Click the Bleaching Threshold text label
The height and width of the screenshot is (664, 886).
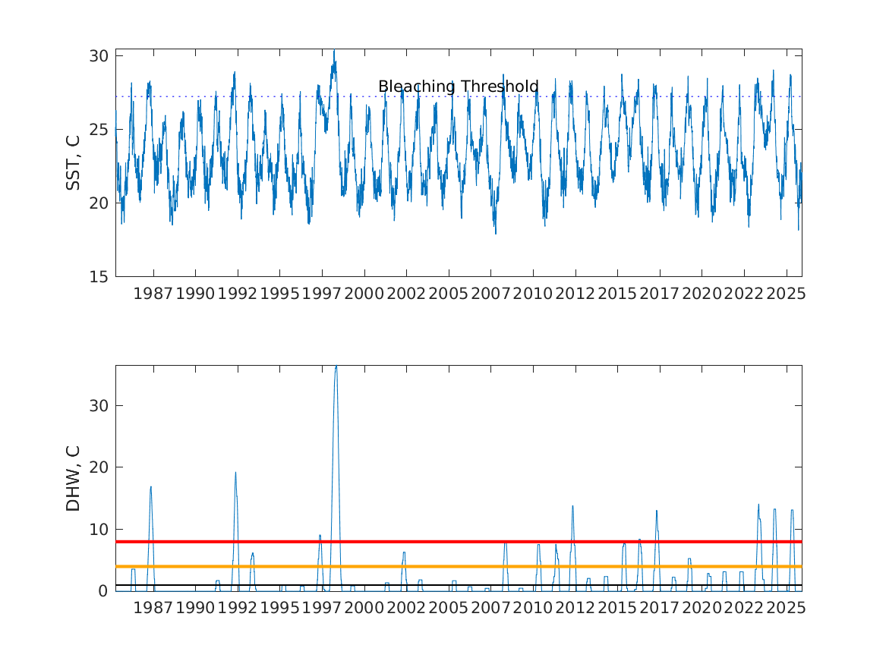click(458, 87)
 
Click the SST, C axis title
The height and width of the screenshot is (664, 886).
click(73, 162)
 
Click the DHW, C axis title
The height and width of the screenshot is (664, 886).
click(73, 478)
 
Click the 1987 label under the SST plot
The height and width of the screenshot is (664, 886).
click(153, 294)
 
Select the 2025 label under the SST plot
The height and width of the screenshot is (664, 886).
click(786, 294)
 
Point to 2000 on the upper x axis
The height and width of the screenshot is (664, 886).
click(364, 294)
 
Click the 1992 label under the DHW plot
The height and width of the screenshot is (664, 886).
click(238, 608)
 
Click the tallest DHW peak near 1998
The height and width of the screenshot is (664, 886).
click(336, 367)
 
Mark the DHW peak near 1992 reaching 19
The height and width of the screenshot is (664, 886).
click(235, 473)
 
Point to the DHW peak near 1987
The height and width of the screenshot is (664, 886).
click(150, 487)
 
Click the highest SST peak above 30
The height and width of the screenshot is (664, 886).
click(334, 51)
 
